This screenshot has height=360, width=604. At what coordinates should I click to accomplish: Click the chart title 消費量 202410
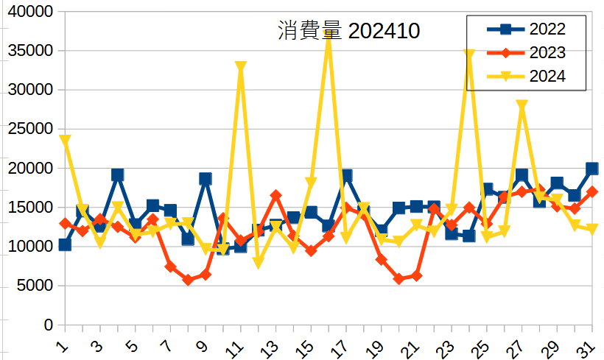pos(348,32)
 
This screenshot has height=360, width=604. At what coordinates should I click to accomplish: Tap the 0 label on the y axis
pos(48,325)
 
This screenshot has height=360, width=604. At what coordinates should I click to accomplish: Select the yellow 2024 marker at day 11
pos(241,67)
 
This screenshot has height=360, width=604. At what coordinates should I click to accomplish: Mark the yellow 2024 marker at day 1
pos(65,140)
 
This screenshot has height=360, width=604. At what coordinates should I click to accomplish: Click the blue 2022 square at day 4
pos(118,175)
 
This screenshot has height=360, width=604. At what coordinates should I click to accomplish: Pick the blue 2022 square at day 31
pos(592,169)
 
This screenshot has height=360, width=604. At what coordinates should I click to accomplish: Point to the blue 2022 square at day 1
pos(65,244)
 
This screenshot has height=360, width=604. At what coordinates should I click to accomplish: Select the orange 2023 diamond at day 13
pos(276,196)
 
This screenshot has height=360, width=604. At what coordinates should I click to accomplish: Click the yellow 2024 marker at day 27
pos(522,106)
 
